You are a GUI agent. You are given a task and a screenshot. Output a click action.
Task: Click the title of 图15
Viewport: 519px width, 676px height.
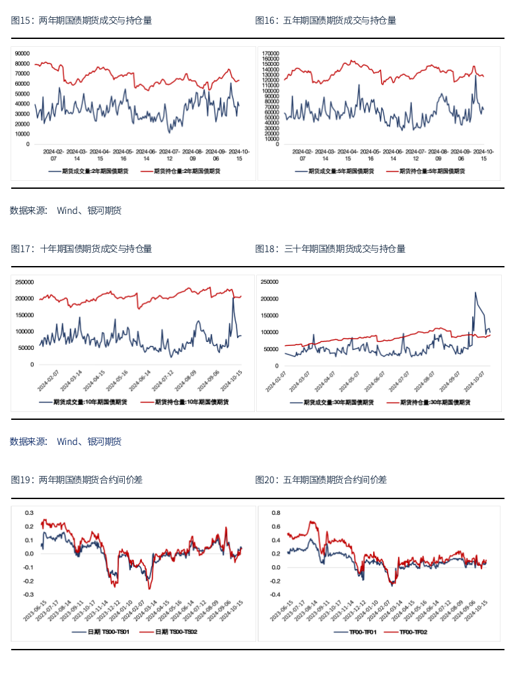pos(81,20)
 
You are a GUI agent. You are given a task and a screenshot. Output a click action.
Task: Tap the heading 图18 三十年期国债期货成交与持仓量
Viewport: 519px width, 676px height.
pos(330,249)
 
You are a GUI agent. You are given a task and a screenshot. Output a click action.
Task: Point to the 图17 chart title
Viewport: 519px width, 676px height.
pos(81,249)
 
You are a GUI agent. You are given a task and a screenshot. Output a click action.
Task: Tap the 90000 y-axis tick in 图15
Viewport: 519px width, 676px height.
pos(22,53)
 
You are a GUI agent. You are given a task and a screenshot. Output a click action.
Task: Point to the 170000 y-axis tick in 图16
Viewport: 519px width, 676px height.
pos(271,53)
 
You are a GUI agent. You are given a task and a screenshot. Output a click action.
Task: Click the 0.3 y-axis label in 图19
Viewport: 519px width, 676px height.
pos(29,512)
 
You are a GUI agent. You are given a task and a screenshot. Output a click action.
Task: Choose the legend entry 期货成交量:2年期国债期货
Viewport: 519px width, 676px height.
pos(89,171)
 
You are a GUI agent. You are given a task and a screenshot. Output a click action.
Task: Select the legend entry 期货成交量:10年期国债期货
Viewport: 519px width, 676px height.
pos(87,401)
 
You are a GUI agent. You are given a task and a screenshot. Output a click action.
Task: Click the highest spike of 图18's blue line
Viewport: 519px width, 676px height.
pos(475,292)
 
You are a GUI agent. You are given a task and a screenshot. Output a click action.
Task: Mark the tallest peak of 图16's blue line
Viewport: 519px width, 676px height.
pos(476,75)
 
